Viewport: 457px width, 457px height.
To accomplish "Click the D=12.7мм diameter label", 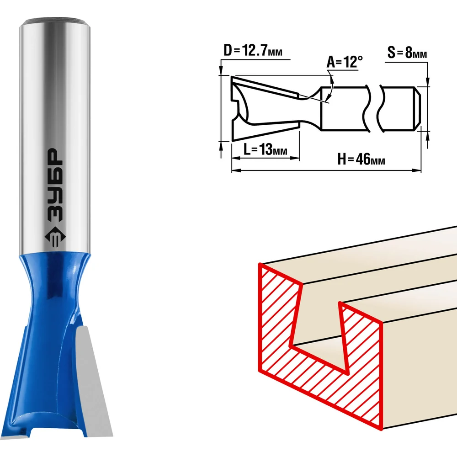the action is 253,50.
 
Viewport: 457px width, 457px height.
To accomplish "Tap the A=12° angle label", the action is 345,62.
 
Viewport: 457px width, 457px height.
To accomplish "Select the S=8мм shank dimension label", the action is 407,53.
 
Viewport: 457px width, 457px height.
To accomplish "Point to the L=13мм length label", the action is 266,149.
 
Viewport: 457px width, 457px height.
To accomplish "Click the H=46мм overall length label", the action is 361,159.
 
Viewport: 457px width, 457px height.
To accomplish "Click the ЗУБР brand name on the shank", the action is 55,186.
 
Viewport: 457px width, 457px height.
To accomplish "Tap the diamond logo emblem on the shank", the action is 55,237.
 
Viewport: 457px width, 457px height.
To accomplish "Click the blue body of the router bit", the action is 49,344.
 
